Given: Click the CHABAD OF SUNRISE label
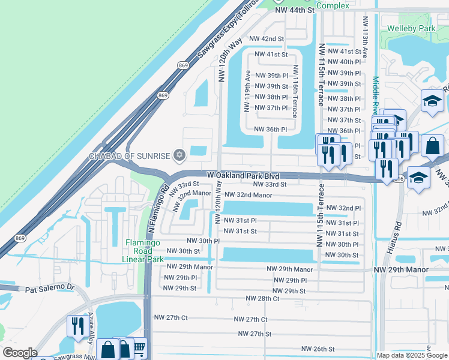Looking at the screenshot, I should pos(129,156).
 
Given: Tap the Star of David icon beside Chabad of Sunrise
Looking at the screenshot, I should pos(178,156).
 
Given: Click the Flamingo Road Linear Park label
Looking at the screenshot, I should pos(143,251).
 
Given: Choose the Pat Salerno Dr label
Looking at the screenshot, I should pos(49,289).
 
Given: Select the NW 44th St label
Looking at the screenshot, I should pos(295,10).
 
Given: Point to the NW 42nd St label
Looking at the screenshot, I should pos(266,38).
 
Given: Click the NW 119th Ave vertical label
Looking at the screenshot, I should pos(247,90).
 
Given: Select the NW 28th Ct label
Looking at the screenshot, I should pos(262,298).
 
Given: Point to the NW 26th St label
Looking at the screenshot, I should pos(318,349).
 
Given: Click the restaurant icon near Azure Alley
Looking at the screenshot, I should pos(76,326).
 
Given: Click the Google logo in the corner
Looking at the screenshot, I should pos(20,353).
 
